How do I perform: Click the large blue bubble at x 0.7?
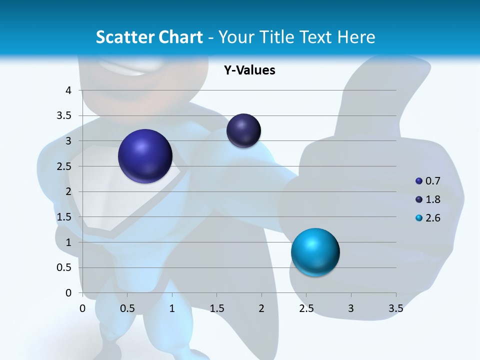point(145,156)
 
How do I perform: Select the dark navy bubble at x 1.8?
point(243,130)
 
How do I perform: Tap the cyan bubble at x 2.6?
point(315,252)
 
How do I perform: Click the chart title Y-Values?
point(249,70)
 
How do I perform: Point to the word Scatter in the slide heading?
point(124,37)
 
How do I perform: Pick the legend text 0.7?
point(432,181)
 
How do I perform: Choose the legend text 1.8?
point(432,199)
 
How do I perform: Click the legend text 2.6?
point(432,218)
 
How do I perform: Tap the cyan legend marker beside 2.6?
point(419,218)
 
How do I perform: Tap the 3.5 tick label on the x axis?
point(395,308)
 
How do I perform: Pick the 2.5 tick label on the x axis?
point(306,308)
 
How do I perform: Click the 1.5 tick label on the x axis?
point(216,308)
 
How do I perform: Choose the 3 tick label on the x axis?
point(351,308)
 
